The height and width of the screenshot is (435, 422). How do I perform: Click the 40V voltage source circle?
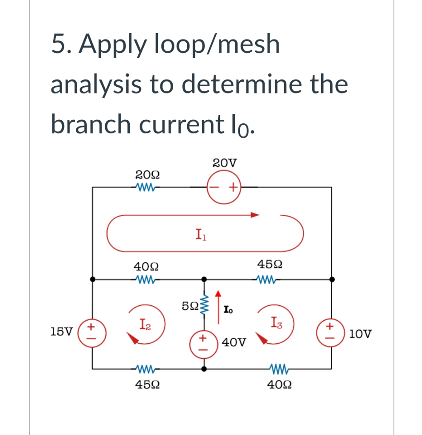(204, 342)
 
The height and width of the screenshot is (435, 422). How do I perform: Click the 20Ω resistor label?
(147, 174)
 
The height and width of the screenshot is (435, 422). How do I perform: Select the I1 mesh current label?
(200, 234)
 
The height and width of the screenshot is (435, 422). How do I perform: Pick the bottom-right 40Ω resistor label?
(279, 384)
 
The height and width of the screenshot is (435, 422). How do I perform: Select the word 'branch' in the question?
(91, 124)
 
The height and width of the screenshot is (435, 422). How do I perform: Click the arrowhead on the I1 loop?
(255, 215)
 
